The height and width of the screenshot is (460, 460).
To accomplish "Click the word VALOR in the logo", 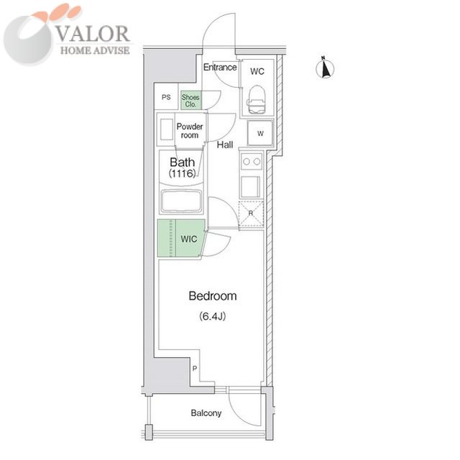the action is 93,34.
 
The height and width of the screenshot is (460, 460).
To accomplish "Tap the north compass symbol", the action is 325,68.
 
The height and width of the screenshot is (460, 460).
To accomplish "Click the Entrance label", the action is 220,67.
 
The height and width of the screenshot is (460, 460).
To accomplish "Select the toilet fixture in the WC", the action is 257,99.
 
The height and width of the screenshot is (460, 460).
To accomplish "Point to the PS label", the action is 166,97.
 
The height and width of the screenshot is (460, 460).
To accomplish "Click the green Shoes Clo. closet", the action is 190,101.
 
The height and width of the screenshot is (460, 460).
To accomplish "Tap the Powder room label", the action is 190,131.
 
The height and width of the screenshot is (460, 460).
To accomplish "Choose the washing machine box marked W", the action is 260,133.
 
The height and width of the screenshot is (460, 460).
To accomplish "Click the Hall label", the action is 225,145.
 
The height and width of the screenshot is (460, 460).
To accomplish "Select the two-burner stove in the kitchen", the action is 252,161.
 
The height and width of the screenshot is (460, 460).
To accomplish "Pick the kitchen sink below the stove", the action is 250,187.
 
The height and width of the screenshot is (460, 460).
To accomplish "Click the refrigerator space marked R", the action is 251,214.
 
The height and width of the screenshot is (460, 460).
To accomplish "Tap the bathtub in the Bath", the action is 182,201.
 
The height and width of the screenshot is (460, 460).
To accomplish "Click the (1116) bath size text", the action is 182,173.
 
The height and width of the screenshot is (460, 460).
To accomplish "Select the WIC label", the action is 188,239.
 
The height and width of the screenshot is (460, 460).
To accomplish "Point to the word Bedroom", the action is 213,296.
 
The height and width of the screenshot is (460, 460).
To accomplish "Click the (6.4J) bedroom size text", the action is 213,316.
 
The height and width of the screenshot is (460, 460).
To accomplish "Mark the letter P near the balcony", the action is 195,368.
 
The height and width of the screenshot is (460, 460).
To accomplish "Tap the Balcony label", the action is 206,413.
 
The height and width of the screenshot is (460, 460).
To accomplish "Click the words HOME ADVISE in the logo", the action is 95,50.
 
